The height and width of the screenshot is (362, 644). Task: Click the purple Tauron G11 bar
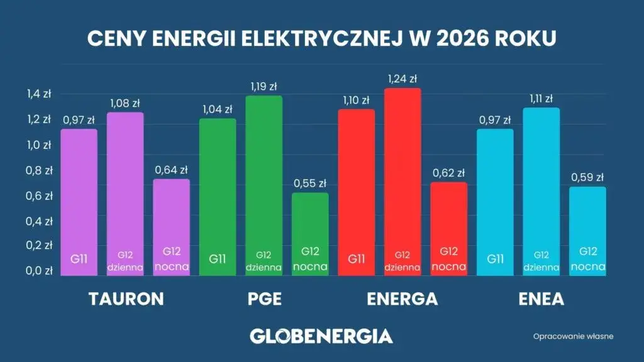coord(79,202)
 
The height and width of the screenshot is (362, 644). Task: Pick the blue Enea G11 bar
coord(495,202)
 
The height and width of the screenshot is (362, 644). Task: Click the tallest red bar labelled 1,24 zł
coord(402,182)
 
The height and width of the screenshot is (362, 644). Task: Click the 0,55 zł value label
coord(310,184)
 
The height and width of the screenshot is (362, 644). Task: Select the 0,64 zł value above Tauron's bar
coord(171,170)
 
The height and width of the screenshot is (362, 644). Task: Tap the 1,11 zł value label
coord(541,99)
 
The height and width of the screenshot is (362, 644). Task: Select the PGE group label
coord(264,299)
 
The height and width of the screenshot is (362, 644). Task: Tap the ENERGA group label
coord(402,299)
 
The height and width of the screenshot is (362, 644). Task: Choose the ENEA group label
coord(541,299)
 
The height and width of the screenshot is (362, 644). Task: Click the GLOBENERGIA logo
coord(321,336)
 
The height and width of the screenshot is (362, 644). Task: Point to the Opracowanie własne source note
coord(573,336)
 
